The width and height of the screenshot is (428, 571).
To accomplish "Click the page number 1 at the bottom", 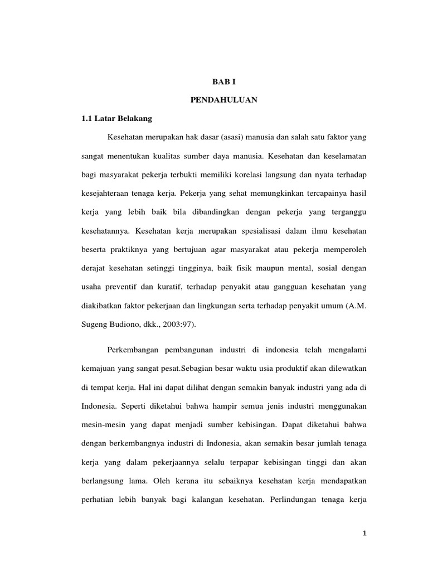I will [x=364, y=533].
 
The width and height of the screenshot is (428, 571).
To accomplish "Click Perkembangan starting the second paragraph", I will [x=133, y=350].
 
